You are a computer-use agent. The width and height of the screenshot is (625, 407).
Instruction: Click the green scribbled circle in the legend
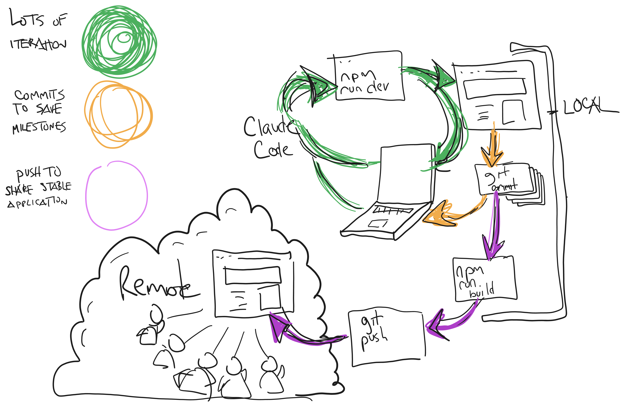(x=119, y=42)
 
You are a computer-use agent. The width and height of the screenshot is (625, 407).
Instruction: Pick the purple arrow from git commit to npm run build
(x=492, y=226)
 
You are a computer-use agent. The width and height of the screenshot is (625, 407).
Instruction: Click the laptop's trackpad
(x=378, y=224)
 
